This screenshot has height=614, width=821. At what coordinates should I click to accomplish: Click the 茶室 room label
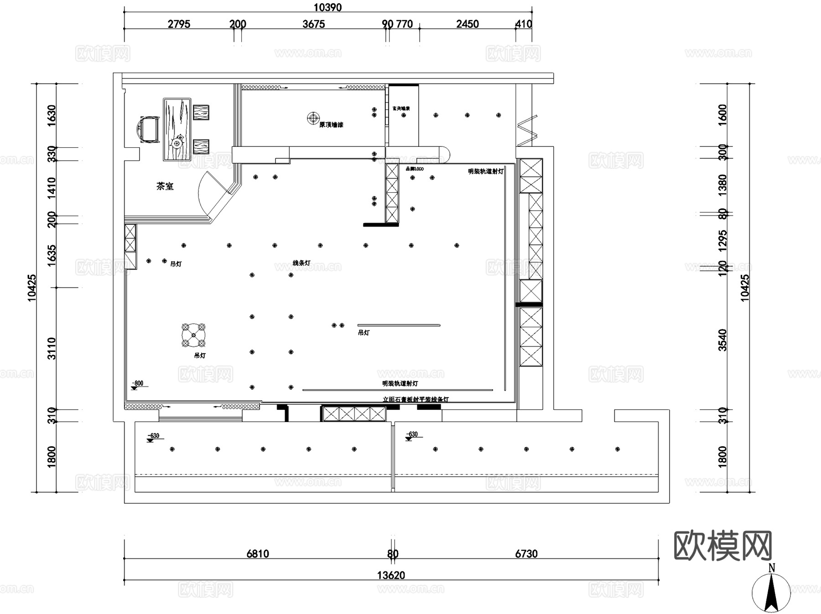tap(165, 186)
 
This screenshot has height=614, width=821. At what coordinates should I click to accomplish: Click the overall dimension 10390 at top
tap(327, 7)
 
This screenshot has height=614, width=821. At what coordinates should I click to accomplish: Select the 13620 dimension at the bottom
tap(391, 575)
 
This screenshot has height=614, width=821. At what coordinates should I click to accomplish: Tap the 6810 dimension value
tap(258, 553)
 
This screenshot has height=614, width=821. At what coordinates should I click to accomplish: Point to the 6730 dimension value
tap(526, 553)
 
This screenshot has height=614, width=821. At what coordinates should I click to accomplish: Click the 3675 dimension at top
tap(313, 24)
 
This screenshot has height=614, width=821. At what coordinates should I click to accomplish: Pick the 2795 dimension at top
tap(179, 24)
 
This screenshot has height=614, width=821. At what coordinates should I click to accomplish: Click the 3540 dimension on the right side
tap(722, 340)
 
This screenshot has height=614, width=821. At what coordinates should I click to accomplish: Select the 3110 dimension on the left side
tap(52, 348)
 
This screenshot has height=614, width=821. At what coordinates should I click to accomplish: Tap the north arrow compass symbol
tap(771, 591)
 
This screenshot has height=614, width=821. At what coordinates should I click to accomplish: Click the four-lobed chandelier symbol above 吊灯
tap(193, 335)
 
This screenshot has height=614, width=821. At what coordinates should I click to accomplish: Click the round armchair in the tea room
tap(149, 129)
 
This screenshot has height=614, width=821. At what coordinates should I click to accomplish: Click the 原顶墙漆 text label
tap(331, 125)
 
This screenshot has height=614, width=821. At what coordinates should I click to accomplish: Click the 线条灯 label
tap(301, 263)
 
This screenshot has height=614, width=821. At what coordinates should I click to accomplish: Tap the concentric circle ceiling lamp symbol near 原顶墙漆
tap(313, 118)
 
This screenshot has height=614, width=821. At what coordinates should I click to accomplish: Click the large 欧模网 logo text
tap(722, 546)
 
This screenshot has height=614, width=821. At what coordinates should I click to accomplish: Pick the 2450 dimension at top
tap(468, 24)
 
